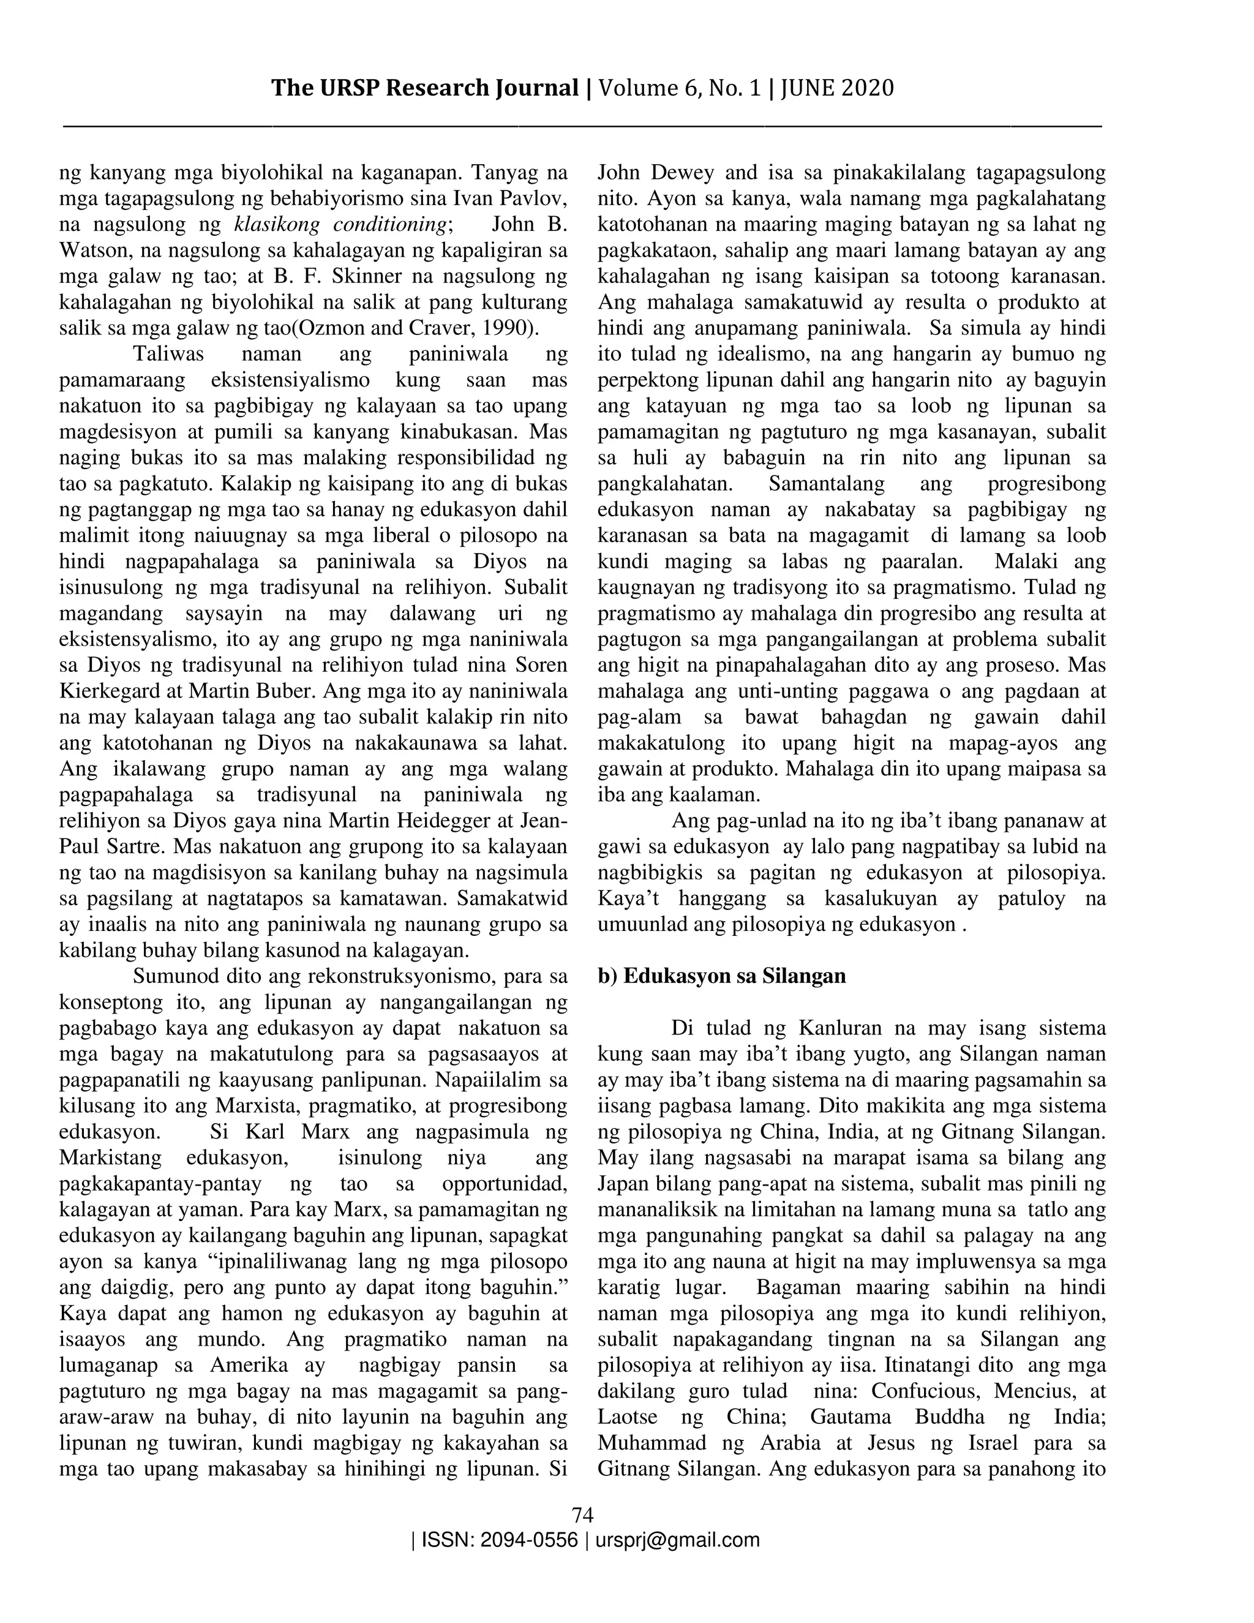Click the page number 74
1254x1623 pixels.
pos(582,1514)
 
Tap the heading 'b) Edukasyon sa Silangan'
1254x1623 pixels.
pos(721,975)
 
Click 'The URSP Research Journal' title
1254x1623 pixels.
pos(424,88)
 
